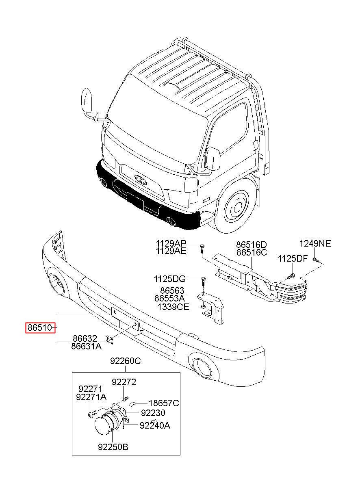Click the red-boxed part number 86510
pyautogui.click(x=40, y=328)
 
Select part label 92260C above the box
pyautogui.click(x=125, y=361)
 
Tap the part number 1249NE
pyautogui.click(x=315, y=244)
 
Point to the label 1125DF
pyautogui.click(x=293, y=259)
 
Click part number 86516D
pyautogui.click(x=252, y=245)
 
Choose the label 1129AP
pyautogui.click(x=171, y=243)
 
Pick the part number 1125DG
pyautogui.click(x=170, y=279)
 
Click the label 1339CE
pyautogui.click(x=173, y=307)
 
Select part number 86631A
pyautogui.click(x=86, y=347)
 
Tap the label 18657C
pyautogui.click(x=164, y=403)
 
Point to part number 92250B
pyautogui.click(x=113, y=447)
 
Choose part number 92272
pyautogui.click(x=124, y=382)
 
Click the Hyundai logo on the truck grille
pyautogui.click(x=141, y=180)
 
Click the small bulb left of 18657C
pyautogui.click(x=132, y=403)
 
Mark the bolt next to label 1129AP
pyautogui.click(x=203, y=248)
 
